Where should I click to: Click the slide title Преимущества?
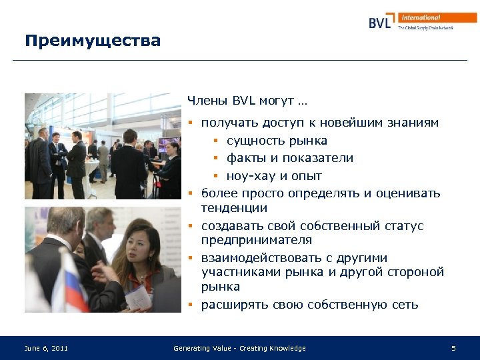click(93, 41)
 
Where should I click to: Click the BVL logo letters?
click(383, 22)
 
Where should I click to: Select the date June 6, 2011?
click(46, 348)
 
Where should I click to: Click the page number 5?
click(453, 348)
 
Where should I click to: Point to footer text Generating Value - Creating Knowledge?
click(239, 348)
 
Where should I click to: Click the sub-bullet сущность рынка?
click(277, 141)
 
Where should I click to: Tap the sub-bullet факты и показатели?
click(290, 158)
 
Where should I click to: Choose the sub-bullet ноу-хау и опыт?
click(274, 176)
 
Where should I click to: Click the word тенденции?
click(234, 208)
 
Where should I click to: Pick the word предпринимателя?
click(257, 240)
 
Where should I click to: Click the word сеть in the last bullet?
click(405, 305)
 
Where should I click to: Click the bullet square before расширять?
click(190, 305)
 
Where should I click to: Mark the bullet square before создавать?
click(190, 226)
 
